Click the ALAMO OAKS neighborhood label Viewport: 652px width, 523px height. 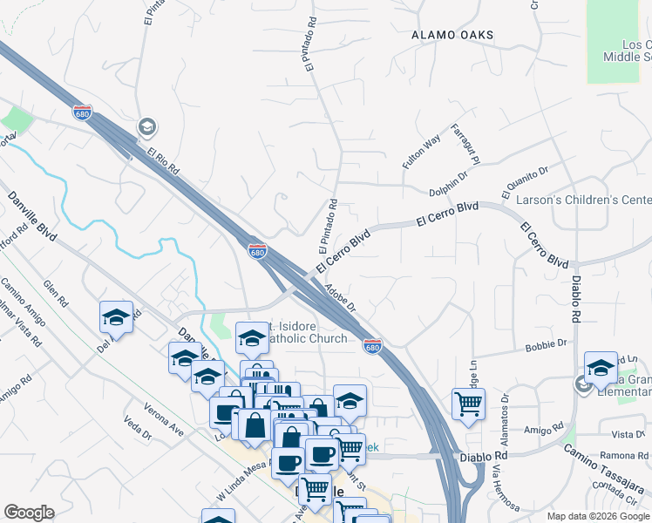(452, 35)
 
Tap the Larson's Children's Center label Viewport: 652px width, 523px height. (583, 200)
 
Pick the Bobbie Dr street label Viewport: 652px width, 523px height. (547, 345)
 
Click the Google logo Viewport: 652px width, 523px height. (29, 513)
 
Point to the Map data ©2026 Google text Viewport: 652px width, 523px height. (596, 516)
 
